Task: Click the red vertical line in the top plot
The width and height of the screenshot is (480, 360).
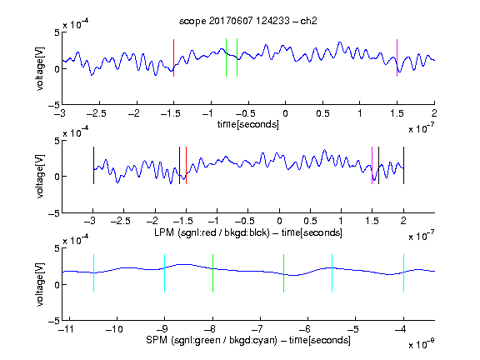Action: [x=173, y=57]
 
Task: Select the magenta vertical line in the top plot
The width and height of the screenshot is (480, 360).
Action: [x=397, y=57]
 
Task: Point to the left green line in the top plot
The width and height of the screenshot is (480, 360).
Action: [x=226, y=57]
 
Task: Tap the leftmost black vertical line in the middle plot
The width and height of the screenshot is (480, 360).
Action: [x=93, y=165]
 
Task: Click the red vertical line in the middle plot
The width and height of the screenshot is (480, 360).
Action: [x=186, y=165]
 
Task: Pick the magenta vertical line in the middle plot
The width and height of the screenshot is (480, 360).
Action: [x=372, y=165]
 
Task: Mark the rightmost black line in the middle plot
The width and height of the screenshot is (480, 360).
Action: [x=403, y=165]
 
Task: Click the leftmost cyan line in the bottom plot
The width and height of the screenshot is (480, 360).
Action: [x=93, y=273]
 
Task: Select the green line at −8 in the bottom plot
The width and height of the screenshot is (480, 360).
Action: [x=212, y=273]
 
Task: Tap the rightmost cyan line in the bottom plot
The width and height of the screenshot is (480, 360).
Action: [x=403, y=273]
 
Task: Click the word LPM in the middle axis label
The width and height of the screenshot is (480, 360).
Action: [x=164, y=232]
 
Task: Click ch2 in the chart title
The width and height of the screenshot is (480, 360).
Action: [x=308, y=21]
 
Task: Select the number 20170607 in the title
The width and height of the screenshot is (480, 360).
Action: [x=231, y=21]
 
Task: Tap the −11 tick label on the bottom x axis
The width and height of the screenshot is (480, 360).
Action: [x=66, y=329]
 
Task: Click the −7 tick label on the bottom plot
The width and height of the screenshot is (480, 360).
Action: [x=259, y=329]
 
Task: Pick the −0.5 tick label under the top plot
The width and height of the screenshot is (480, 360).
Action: [x=245, y=113]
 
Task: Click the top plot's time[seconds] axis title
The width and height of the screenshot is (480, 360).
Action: [x=248, y=124]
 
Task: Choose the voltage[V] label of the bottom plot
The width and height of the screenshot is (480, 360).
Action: [x=40, y=284]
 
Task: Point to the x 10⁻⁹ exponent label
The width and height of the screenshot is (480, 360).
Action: [x=422, y=344]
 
